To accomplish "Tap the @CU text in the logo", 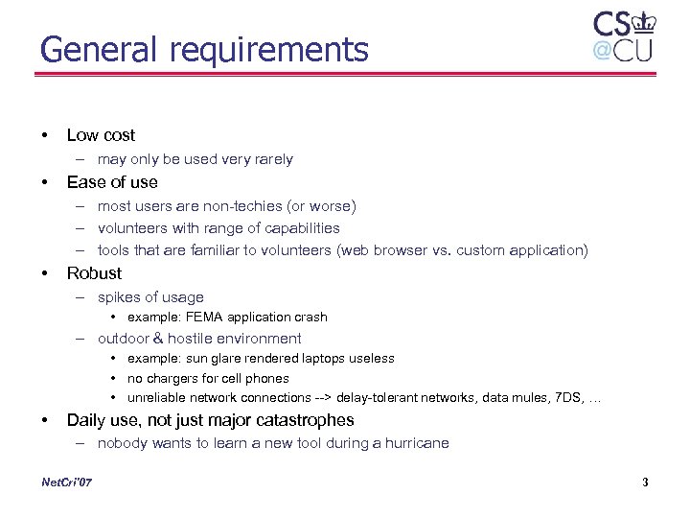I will (622, 51).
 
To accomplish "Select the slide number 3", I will (645, 483).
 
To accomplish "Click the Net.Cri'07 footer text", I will (68, 483).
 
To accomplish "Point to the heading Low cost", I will (101, 135).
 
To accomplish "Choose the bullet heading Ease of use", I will (112, 182).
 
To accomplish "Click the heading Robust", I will (94, 273).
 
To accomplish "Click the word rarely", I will (270, 159).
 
